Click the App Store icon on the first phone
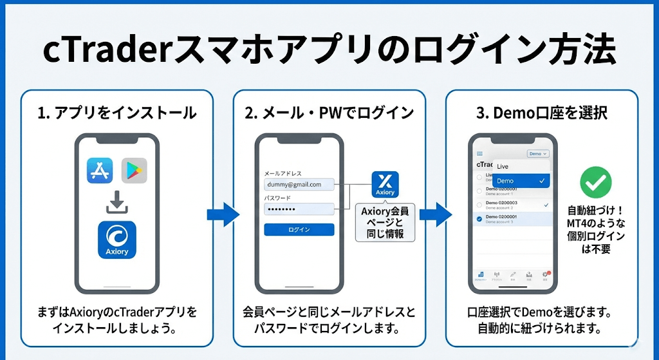(100, 171)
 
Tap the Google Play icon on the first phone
(134, 171)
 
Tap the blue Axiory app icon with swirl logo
(117, 240)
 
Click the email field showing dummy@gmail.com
(299, 184)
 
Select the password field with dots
(299, 209)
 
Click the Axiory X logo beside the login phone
(385, 184)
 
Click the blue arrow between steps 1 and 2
(223, 214)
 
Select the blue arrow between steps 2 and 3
(436, 214)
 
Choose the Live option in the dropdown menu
(503, 167)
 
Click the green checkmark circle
(596, 182)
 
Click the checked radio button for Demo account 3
(479, 220)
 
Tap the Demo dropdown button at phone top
(537, 154)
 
